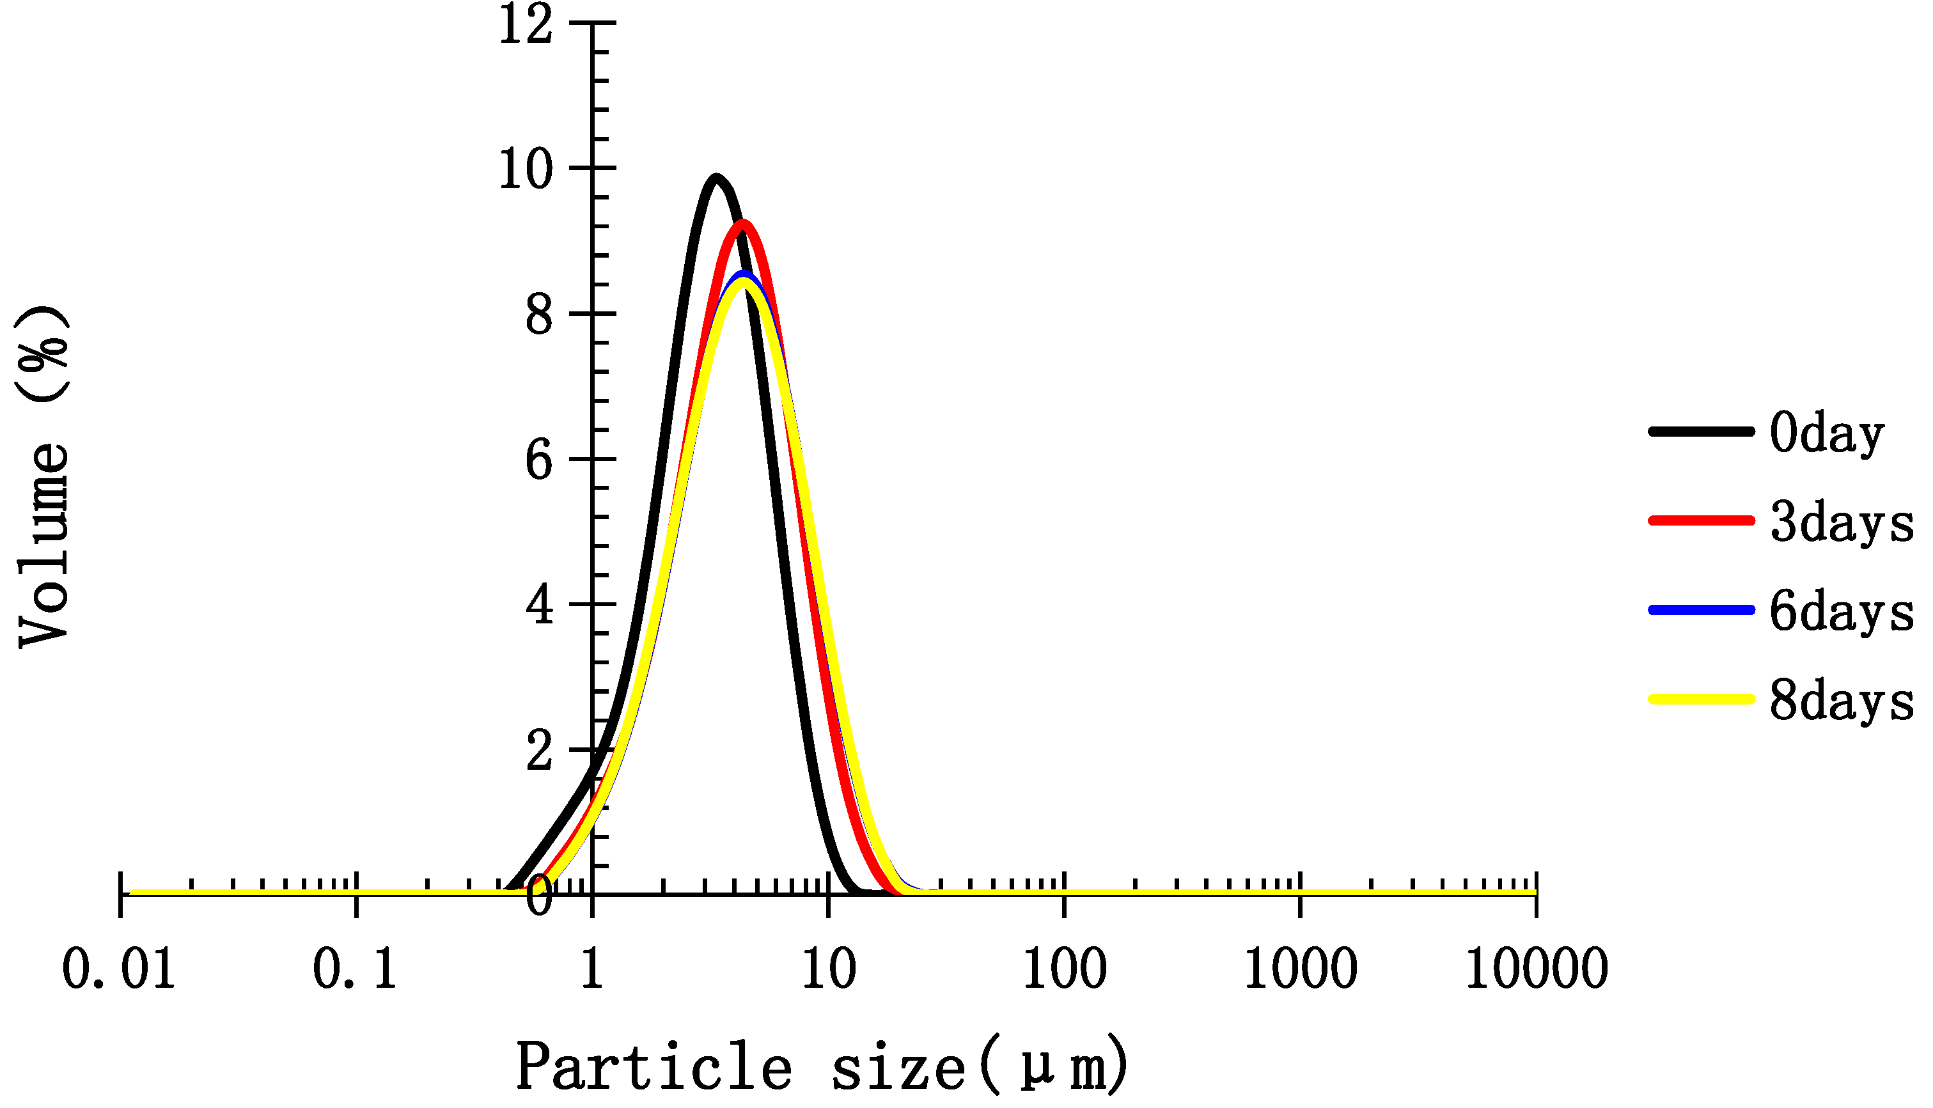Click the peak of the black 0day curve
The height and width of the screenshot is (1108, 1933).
pos(716,177)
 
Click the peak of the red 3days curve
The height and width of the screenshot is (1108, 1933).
pos(743,224)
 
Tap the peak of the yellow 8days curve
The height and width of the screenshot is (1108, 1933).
pos(743,281)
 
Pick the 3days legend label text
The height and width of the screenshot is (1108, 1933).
pos(1841,524)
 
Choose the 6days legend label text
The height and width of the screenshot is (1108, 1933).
pos(1841,613)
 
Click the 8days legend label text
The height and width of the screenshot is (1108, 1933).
pos(1841,701)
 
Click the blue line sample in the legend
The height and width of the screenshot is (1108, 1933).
pos(1701,609)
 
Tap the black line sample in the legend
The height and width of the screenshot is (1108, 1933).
pos(1701,432)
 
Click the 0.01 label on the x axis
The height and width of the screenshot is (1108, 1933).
pos(119,971)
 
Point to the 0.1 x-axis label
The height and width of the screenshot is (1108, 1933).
pos(355,971)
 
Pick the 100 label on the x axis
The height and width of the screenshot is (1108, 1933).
pos(1064,971)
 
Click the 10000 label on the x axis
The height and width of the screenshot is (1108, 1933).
pos(1537,971)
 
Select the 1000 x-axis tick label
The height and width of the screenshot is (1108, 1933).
pos(1301,971)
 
